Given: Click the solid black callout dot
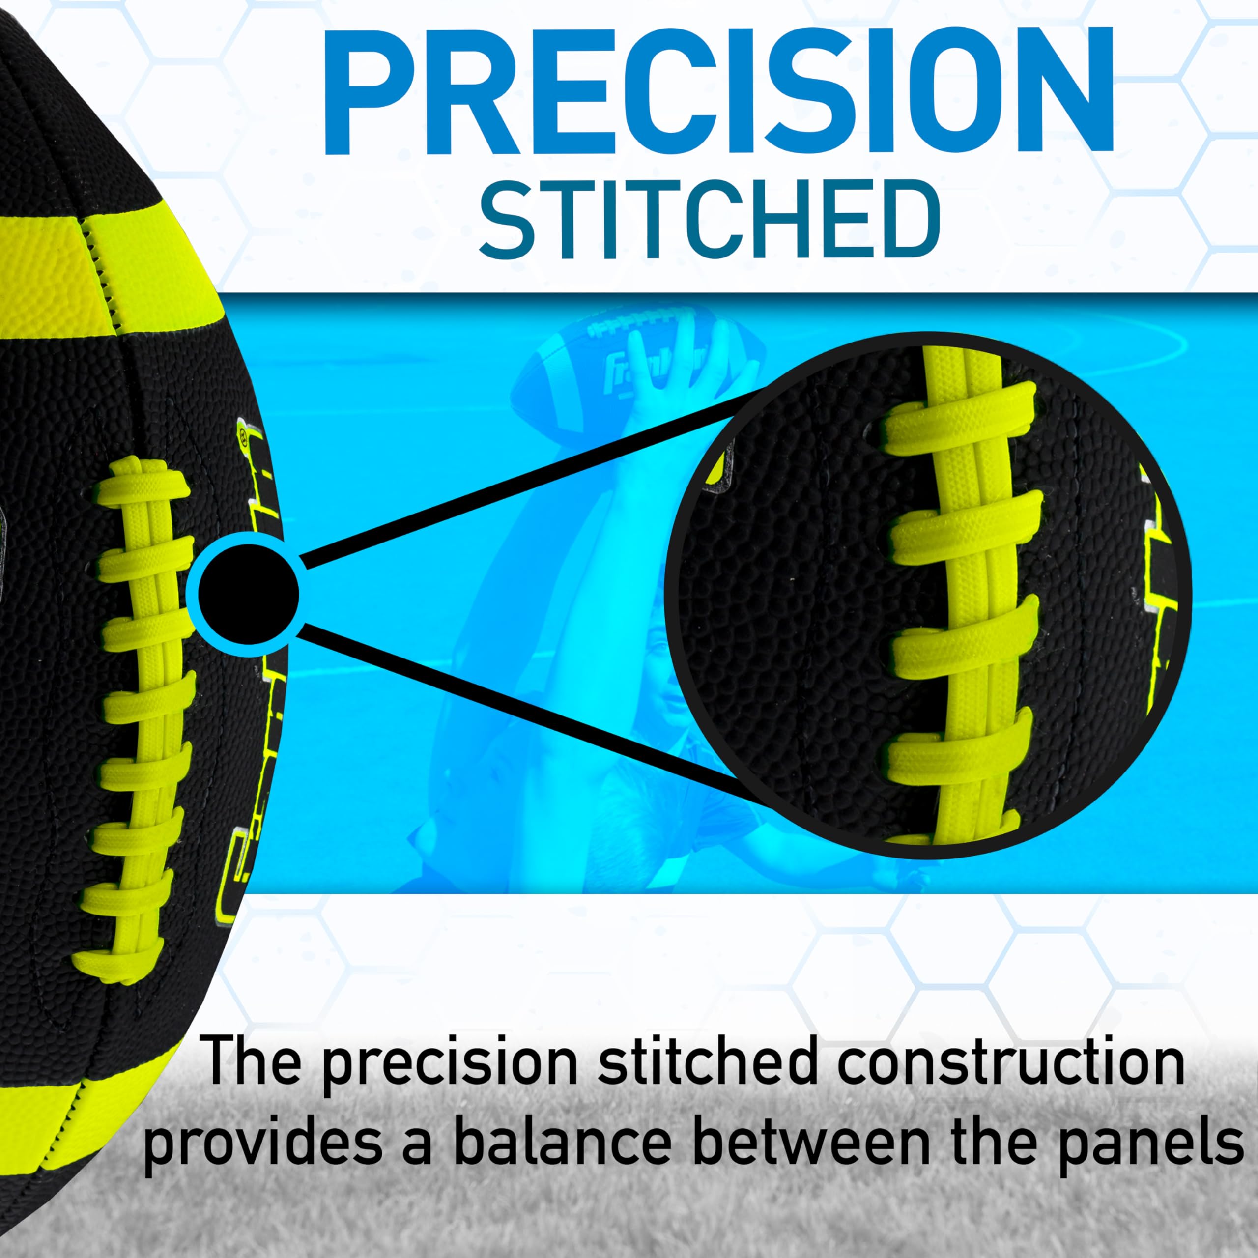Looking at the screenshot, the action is (x=247, y=593).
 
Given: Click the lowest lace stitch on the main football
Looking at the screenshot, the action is (x=113, y=955).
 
